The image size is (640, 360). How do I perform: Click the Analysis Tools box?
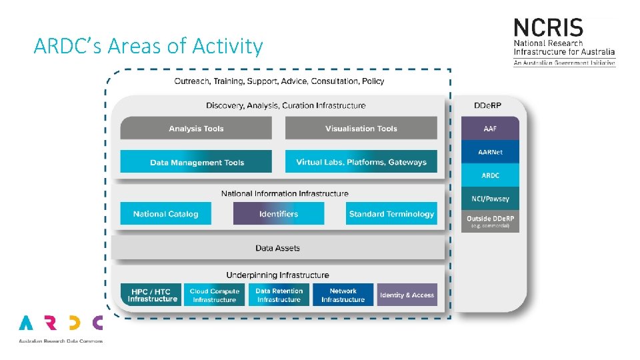point(196,129)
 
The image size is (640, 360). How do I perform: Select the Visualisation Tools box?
point(361,129)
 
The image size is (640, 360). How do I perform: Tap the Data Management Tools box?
point(196,162)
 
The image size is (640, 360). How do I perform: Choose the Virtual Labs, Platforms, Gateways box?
point(361,162)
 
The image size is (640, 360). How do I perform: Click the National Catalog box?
point(165,214)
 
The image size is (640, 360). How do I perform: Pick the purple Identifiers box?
point(279,214)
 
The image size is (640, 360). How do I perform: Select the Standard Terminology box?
point(391,214)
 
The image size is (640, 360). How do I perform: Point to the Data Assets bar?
point(278,248)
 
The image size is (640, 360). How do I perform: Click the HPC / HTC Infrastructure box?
point(151,295)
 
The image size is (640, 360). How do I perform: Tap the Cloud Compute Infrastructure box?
point(214,295)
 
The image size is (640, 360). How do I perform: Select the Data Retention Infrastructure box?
point(279,295)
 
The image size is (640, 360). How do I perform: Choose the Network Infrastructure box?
point(343,295)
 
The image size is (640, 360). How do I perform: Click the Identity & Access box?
point(407,295)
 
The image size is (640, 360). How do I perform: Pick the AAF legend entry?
point(490,129)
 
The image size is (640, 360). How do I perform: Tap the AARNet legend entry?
point(490,152)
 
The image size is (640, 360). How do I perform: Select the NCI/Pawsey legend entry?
point(490,199)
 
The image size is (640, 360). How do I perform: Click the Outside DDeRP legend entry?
point(490,221)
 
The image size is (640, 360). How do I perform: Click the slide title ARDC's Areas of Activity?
point(148,47)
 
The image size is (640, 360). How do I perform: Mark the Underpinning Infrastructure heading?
point(277,275)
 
